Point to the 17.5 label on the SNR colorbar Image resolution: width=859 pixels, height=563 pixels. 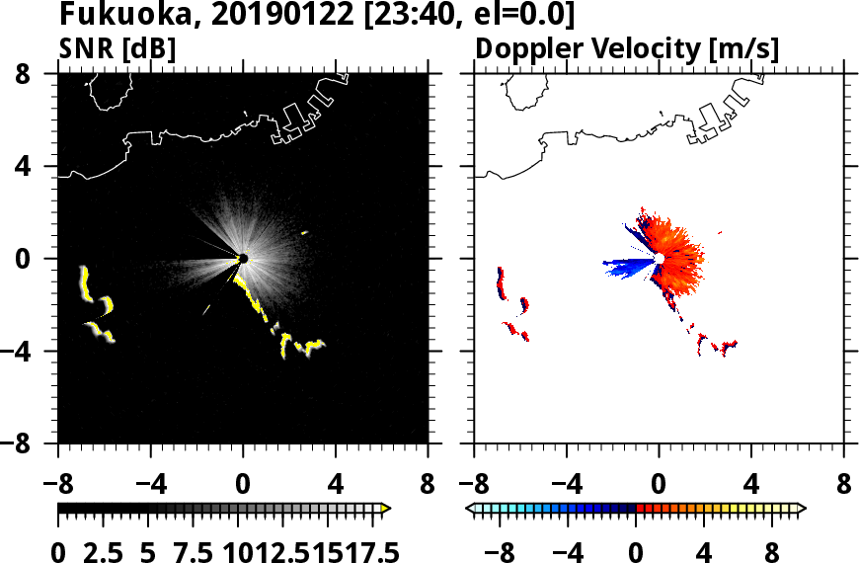tap(369, 550)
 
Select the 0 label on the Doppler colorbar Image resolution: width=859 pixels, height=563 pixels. tap(636, 550)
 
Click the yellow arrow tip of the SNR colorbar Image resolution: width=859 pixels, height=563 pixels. tap(386, 508)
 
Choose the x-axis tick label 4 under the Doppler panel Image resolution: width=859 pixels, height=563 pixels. tap(751, 485)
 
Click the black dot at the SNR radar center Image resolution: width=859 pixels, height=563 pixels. tap(243, 259)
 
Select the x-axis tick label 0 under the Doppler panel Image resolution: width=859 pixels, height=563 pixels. tap(659, 485)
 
